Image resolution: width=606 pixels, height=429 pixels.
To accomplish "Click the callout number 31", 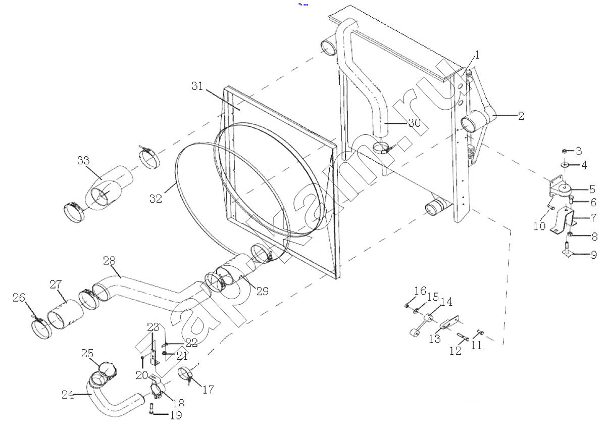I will point(197,86).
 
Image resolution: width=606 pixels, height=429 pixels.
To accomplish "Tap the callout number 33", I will point(83,161).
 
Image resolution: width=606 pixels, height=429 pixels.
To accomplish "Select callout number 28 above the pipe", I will point(109,261).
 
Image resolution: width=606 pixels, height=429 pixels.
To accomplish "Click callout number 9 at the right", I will point(594,255).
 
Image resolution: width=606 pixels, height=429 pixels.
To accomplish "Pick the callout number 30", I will point(414,123).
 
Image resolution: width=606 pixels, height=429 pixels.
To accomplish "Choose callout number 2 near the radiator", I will point(521,116).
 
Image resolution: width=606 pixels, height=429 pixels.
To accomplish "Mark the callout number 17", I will point(208,390).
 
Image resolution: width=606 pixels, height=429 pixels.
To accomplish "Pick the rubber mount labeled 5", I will point(560,190).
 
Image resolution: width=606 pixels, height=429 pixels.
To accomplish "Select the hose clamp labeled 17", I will point(186,374).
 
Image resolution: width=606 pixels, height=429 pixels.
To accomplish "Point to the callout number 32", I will point(156,199).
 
